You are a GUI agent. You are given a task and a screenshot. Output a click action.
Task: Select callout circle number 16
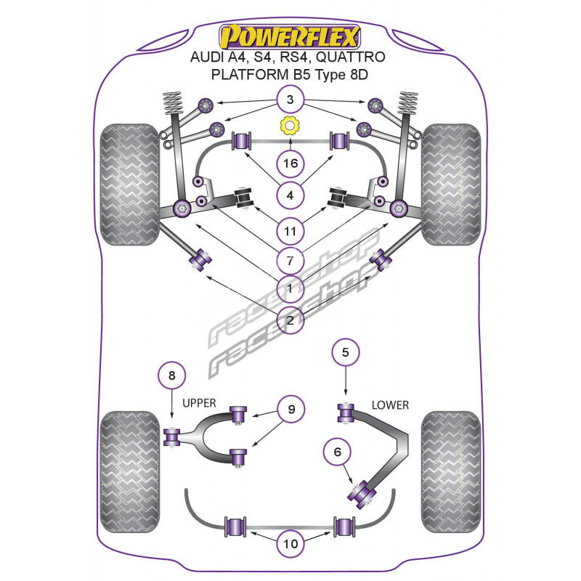(x=290, y=163)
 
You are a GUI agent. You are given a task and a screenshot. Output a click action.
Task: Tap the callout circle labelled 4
(x=290, y=196)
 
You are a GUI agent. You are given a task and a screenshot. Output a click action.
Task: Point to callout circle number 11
(x=290, y=232)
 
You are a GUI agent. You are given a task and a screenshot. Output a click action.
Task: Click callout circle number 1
(x=290, y=288)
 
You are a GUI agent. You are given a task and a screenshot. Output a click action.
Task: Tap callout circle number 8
(x=171, y=375)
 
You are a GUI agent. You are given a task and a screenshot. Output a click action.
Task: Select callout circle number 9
(x=290, y=410)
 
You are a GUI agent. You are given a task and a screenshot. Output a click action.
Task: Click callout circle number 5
(x=346, y=353)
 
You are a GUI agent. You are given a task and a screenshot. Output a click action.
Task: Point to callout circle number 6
(x=336, y=453)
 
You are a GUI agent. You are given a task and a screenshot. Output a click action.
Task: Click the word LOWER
(x=390, y=405)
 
